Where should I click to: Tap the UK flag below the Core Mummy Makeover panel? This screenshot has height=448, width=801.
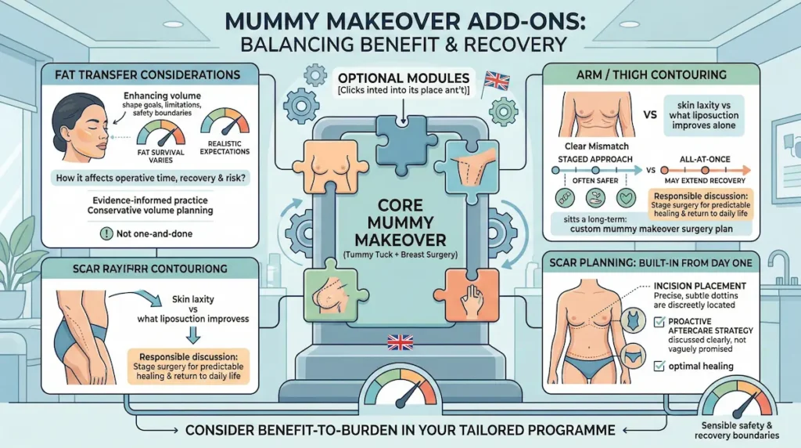pos(399,341)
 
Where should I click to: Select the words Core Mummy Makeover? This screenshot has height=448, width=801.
pos(400,222)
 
